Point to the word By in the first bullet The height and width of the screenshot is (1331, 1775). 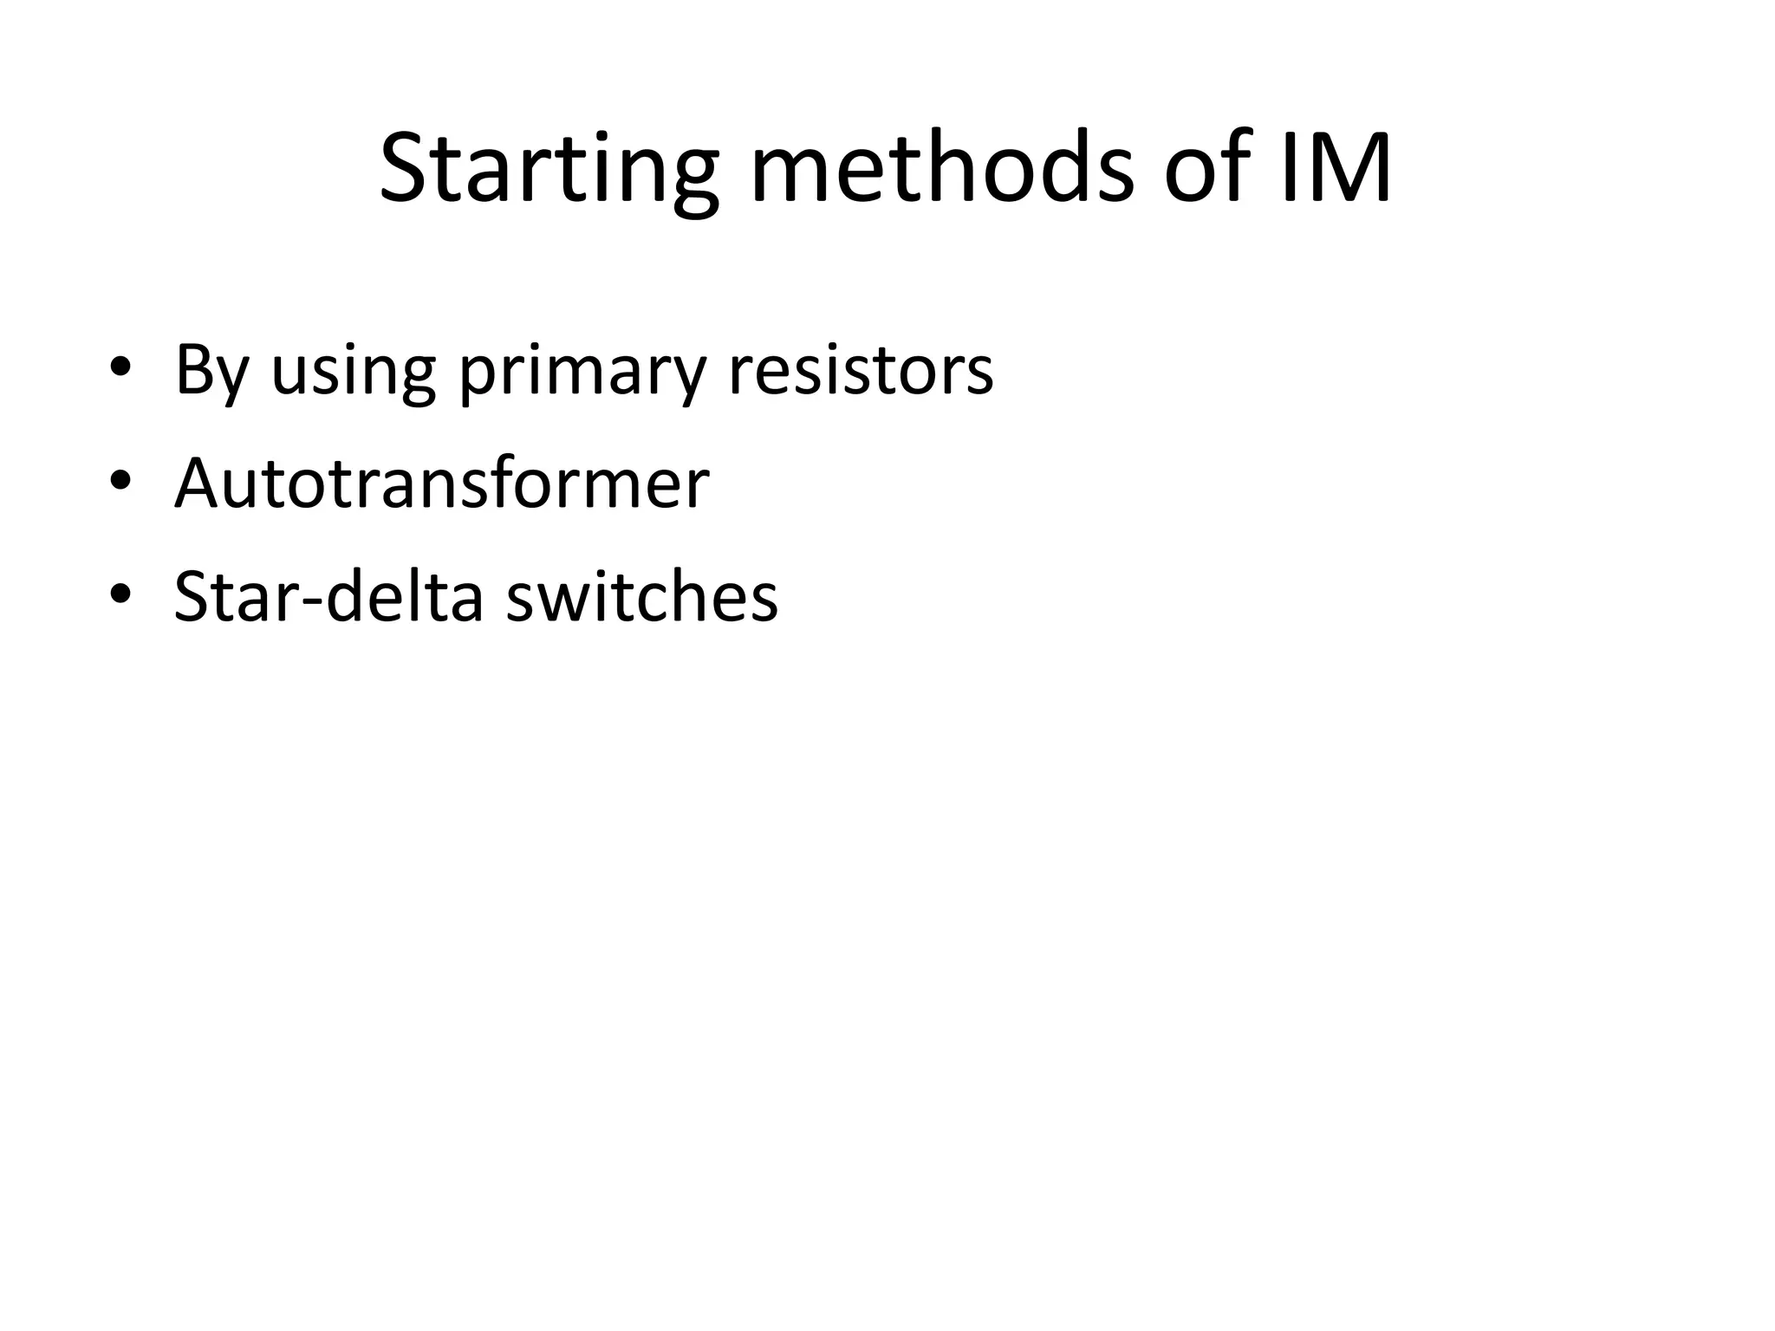coord(211,370)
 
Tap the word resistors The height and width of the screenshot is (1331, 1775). coord(860,370)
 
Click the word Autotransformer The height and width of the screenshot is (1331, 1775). coord(441,484)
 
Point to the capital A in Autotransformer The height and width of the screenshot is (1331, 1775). coord(198,484)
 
